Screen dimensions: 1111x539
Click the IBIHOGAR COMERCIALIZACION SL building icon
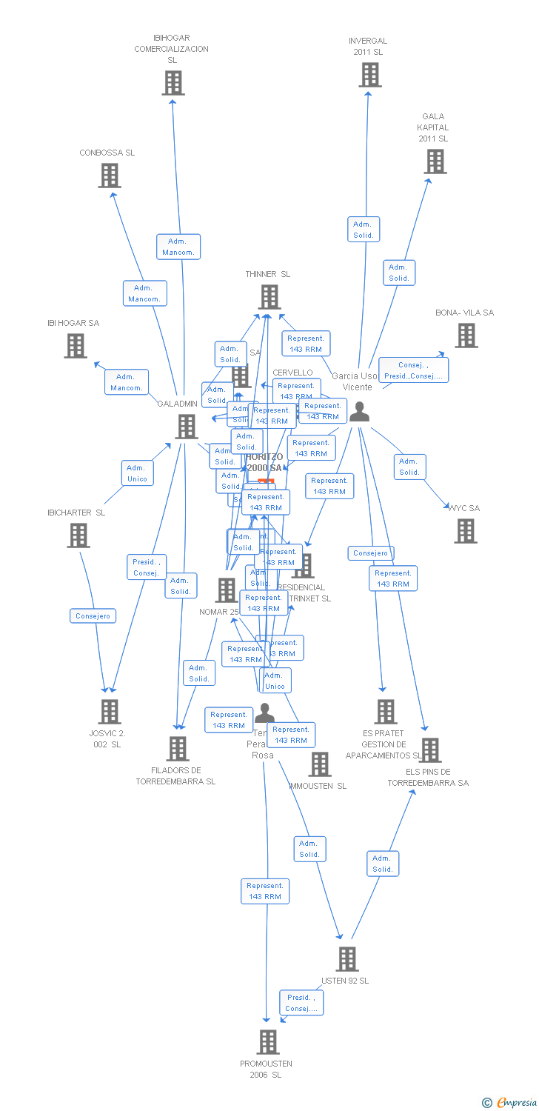(x=173, y=83)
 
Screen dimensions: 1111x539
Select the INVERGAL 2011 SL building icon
(x=369, y=75)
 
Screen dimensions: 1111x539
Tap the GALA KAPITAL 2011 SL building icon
(x=435, y=161)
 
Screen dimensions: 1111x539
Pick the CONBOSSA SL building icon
(x=110, y=176)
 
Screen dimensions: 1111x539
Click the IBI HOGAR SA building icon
(x=76, y=346)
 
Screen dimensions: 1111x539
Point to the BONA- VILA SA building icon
(x=466, y=336)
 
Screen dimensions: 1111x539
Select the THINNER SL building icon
(x=269, y=297)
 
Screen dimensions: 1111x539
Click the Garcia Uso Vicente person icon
(x=360, y=411)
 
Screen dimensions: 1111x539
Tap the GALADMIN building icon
(x=187, y=427)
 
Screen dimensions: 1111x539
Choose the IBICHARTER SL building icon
(x=78, y=535)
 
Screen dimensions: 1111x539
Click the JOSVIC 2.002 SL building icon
(x=110, y=711)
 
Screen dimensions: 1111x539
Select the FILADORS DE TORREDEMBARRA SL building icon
(x=178, y=749)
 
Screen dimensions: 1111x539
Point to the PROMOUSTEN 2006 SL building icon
(x=268, y=1041)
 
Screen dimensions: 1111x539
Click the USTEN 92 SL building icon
(x=347, y=958)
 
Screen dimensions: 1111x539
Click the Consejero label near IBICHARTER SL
(x=93, y=615)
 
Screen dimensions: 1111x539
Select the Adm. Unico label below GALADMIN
(x=137, y=473)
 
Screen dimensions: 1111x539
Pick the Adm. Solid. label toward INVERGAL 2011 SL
(x=363, y=230)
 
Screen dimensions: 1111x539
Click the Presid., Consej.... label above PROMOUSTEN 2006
(x=301, y=1003)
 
